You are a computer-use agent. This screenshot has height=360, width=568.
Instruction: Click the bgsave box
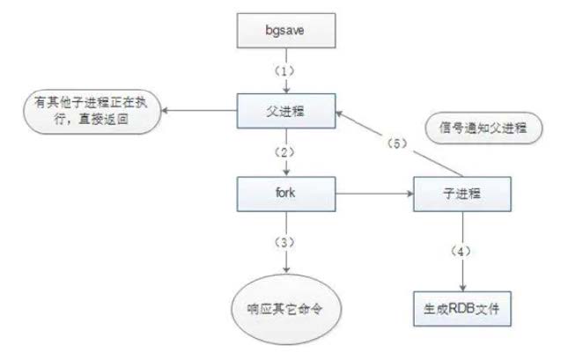284,33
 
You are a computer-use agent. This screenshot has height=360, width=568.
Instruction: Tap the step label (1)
284,69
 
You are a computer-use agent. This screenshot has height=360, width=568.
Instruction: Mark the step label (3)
284,239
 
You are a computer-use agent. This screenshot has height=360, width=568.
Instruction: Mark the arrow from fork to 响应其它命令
284,260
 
